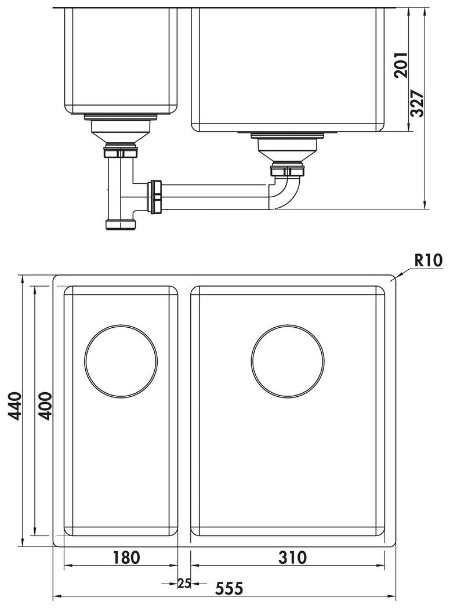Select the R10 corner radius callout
tap(428, 260)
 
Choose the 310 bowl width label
tap(292, 558)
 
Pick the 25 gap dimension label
tap(184, 583)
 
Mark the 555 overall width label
tap(228, 588)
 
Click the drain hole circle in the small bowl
tap(121, 361)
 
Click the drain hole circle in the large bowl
tap(288, 361)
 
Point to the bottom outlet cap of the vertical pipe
tap(120, 224)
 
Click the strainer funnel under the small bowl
tap(121, 134)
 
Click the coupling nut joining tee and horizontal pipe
tap(155, 197)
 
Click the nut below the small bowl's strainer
tap(121, 153)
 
